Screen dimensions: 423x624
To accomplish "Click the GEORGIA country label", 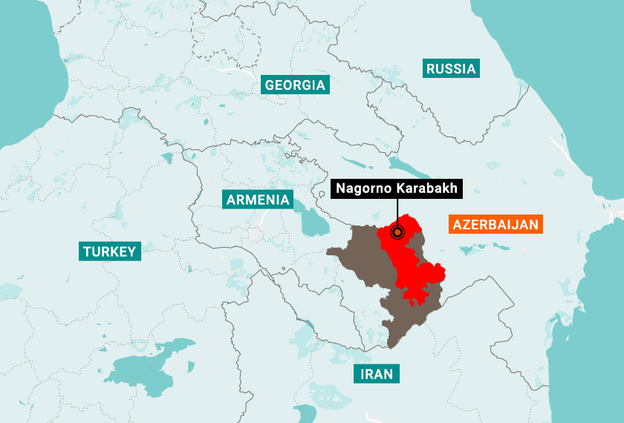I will click(x=295, y=85).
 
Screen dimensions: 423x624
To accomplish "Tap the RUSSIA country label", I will click(x=451, y=69).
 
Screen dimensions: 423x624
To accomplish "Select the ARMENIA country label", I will click(x=258, y=199).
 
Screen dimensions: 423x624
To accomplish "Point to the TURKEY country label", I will click(x=110, y=252).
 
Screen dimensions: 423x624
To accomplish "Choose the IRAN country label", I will click(x=377, y=373).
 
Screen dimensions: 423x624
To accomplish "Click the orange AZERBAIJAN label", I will click(x=495, y=224).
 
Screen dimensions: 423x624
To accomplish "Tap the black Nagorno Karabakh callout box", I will click(x=397, y=188).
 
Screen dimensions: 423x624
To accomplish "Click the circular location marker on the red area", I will click(x=397, y=232).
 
